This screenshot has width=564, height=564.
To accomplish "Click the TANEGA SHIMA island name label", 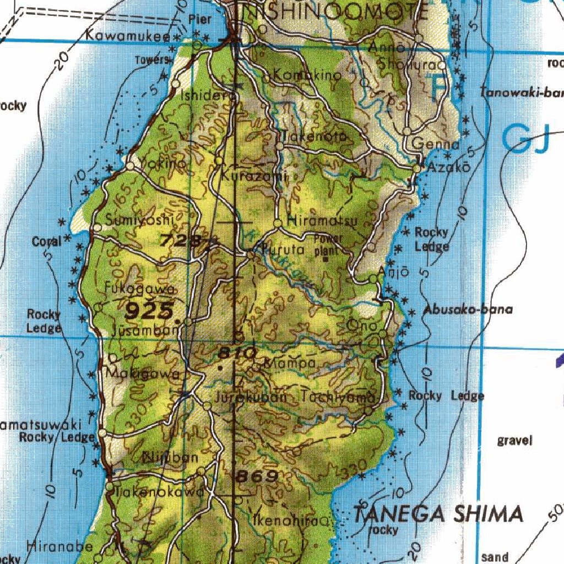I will (x=438, y=514).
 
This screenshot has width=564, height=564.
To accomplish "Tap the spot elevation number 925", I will (x=149, y=311).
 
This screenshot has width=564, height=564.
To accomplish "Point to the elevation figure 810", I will (x=237, y=352).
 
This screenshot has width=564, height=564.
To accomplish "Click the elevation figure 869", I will (x=256, y=476).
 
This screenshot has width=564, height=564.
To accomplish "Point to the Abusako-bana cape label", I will (x=468, y=310).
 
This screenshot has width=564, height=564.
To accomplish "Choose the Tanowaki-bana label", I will (x=520, y=93).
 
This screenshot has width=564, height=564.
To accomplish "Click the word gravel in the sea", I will (x=514, y=440).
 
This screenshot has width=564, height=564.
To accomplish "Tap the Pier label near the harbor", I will (x=200, y=19).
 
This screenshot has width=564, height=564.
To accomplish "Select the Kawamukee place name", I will (x=128, y=36).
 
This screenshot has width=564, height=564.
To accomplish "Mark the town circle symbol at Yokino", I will (x=131, y=165).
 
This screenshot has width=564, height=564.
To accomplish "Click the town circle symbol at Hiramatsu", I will (x=278, y=223).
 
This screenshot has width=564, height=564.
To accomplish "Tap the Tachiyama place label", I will (x=338, y=397).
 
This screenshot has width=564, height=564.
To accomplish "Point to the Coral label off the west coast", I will (x=47, y=241).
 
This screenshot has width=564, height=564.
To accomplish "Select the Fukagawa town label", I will (x=140, y=289).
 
